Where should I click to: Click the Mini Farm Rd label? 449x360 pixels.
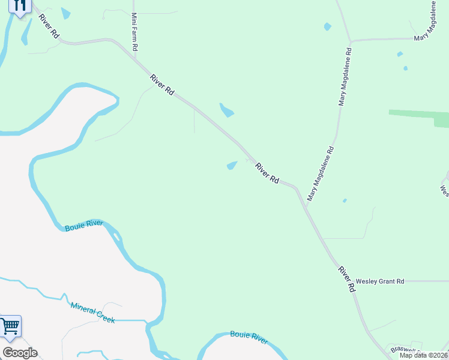135,31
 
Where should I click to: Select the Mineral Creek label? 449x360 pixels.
92,313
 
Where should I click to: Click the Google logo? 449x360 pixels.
20,353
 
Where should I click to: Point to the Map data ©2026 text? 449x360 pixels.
424,355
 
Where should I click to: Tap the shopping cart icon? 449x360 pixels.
10,327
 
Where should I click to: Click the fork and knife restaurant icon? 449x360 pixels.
20,7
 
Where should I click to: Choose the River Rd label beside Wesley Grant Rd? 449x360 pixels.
346,279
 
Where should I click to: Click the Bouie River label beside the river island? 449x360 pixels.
84,226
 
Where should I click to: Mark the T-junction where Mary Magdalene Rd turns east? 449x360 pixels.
350,41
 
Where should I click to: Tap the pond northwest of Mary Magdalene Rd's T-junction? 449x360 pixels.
327,26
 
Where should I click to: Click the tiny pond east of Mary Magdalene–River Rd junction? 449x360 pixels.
344,200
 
